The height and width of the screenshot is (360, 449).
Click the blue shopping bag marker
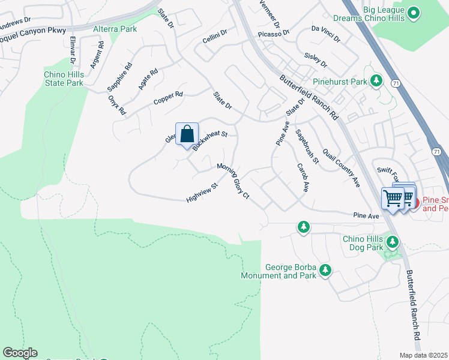click(187, 134)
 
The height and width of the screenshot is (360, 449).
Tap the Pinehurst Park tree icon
click(376, 80)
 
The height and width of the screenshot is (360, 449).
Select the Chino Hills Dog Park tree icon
click(393, 241)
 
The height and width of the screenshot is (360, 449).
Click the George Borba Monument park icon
click(325, 271)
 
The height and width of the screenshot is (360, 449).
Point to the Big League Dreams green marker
click(413, 12)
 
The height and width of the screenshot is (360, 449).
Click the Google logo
click(20, 353)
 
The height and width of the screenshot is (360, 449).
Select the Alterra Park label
click(115, 29)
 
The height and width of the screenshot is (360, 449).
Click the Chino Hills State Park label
click(64, 79)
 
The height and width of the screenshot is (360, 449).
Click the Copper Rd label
click(167, 98)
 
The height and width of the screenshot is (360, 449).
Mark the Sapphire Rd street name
click(119, 76)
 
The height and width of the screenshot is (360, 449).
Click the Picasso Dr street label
click(274, 33)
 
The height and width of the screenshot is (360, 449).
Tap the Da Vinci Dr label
click(325, 34)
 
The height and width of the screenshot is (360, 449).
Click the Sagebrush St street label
click(307, 146)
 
